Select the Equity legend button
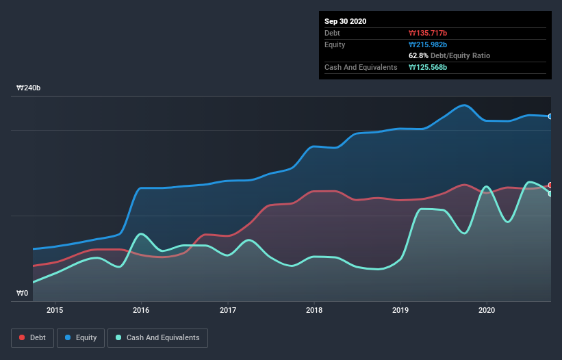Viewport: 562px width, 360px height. [x=81, y=337]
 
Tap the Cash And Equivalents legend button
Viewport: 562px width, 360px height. [x=157, y=337]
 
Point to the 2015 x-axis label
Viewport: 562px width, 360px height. [x=55, y=310]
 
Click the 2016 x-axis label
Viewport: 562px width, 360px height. [x=141, y=310]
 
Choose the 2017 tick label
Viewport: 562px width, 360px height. [x=228, y=310]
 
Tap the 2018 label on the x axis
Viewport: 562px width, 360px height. [x=314, y=310]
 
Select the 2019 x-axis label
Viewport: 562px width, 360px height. [x=400, y=310]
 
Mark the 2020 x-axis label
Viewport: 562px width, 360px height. [x=487, y=310]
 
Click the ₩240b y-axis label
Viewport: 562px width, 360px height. [x=29, y=88]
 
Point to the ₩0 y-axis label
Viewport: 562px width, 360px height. [x=23, y=294]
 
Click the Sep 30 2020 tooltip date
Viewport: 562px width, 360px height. [x=346, y=21]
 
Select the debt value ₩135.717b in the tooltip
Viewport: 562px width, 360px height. [x=428, y=33]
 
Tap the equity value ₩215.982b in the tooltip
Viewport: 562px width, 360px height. [x=428, y=44]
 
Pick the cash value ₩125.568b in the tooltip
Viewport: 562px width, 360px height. [x=428, y=67]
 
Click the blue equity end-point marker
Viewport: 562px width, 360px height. [x=550, y=116]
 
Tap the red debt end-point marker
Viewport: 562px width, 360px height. [x=550, y=185]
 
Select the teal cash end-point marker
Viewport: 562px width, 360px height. [x=550, y=194]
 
